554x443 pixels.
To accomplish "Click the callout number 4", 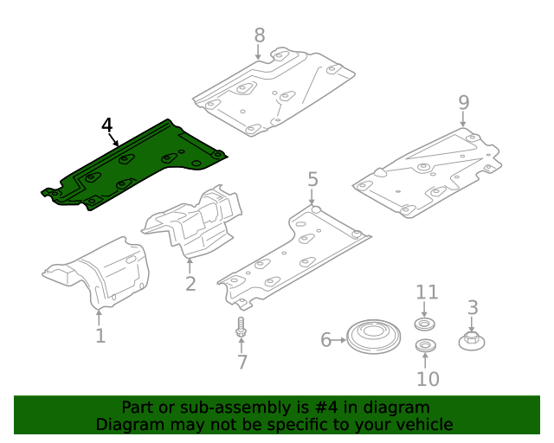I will [x=106, y=126].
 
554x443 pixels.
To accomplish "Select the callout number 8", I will [x=260, y=35].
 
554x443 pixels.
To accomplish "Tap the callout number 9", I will [x=464, y=102].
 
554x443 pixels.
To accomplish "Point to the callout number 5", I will [x=312, y=179].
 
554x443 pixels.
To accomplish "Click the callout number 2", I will [x=190, y=283].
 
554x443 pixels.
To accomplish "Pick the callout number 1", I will [x=100, y=335].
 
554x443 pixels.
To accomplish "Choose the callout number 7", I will [x=242, y=363].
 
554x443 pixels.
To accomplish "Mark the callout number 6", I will [x=326, y=340].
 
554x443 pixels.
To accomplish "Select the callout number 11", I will [x=428, y=292].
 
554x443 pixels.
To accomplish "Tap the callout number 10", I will [x=428, y=378].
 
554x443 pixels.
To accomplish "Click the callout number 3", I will [x=473, y=307].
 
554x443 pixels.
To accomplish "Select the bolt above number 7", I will [x=240, y=329].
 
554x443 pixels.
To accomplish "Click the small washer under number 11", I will [x=425, y=324].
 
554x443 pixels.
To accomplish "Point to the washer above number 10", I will [x=425, y=347].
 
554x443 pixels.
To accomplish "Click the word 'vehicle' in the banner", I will [x=423, y=424].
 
